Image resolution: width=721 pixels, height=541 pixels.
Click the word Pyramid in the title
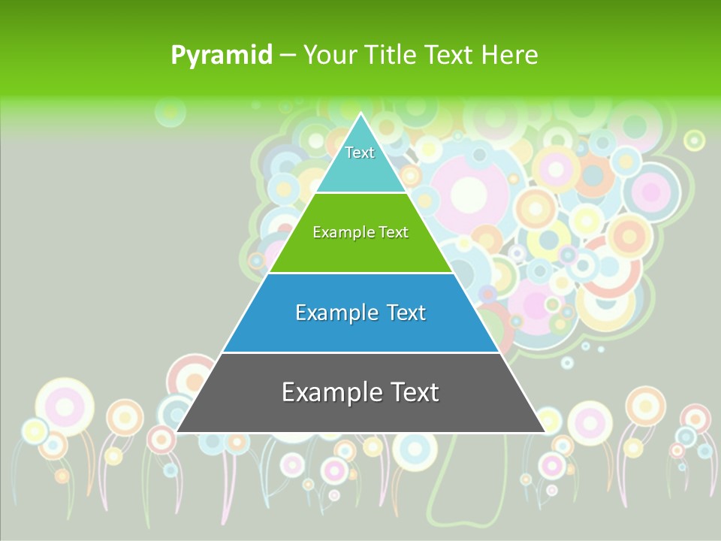222,56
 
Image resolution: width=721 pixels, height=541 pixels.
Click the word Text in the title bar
449,56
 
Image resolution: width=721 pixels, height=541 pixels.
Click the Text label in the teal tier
360,153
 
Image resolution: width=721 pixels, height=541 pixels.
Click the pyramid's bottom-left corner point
176,432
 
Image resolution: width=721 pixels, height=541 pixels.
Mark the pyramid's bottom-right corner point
545,432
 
